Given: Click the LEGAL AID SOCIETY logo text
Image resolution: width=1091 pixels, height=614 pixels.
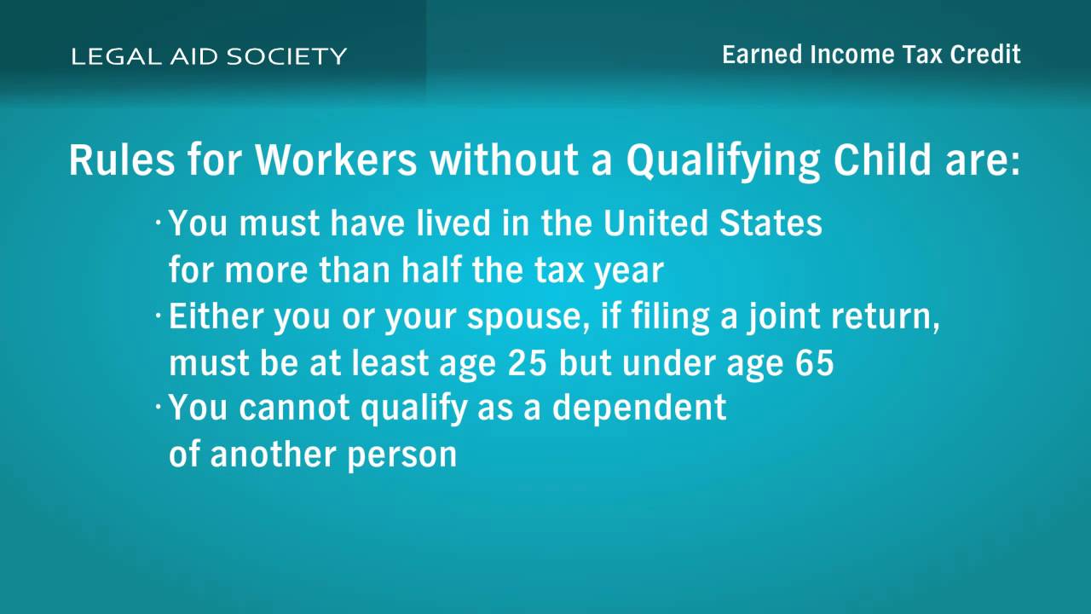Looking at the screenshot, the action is (x=209, y=56).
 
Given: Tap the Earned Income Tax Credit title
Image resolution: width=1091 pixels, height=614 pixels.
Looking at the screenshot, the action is (x=871, y=54).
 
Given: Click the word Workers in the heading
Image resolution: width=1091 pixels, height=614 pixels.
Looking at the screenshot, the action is (x=336, y=159).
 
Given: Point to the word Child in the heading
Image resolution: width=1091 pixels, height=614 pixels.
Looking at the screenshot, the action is (x=882, y=159).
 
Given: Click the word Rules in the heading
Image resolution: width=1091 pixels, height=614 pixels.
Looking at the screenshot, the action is (x=122, y=159).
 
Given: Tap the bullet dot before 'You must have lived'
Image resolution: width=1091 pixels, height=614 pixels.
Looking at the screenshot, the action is (x=158, y=223).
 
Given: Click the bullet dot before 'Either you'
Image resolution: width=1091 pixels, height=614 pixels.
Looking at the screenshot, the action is (x=158, y=316).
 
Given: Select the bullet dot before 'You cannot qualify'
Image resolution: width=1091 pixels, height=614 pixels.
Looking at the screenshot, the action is (x=158, y=406).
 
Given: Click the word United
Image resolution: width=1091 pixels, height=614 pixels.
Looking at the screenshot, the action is (x=655, y=223).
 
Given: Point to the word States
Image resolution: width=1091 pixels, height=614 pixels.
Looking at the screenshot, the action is (x=771, y=223).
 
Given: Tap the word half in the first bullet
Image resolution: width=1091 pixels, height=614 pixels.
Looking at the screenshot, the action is (x=431, y=269).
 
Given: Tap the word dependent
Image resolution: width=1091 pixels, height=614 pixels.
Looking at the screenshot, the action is (x=639, y=408).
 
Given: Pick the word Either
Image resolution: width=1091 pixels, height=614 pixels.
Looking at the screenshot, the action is (x=216, y=316).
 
